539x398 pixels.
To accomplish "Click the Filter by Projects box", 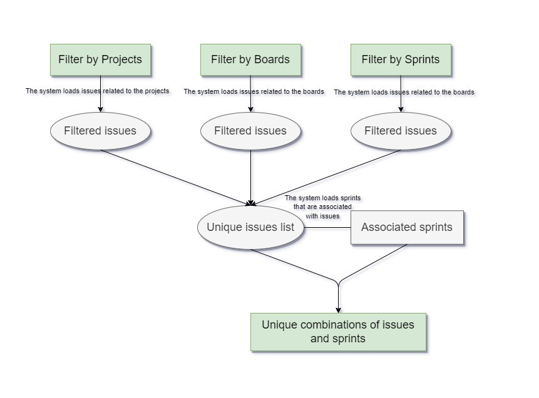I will [x=100, y=60].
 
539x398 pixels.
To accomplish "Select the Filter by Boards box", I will [x=250, y=60].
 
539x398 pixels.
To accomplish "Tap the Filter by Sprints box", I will [x=401, y=60].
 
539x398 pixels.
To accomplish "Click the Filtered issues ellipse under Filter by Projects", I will [x=100, y=131].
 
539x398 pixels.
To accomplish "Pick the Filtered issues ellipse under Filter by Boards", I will [x=250, y=131].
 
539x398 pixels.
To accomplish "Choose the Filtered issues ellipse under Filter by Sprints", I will [x=401, y=131].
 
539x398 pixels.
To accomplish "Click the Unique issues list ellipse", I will [x=250, y=227].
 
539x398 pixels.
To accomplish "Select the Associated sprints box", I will [x=407, y=227].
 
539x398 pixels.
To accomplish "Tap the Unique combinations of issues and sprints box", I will [x=338, y=332].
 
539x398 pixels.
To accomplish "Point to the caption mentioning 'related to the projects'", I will [x=97, y=91].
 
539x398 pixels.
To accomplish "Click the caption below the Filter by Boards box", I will [x=254, y=91].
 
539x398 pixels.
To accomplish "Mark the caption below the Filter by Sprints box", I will [x=404, y=92].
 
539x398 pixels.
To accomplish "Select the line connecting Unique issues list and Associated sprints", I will [x=327, y=227].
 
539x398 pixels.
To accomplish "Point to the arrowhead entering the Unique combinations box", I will [x=338, y=309].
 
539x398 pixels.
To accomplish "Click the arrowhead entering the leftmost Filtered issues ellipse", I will [x=100, y=109].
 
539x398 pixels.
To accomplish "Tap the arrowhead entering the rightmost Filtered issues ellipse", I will [x=401, y=109].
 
